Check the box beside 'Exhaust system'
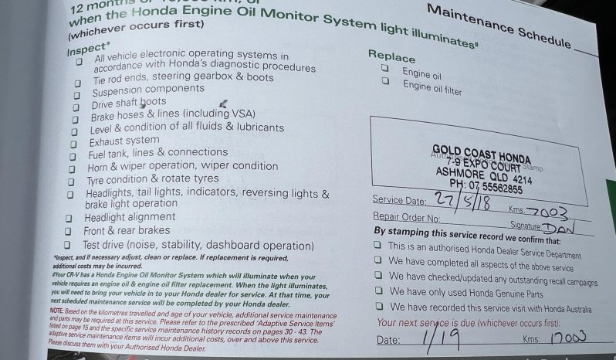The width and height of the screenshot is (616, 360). pyautogui.click(x=74, y=144)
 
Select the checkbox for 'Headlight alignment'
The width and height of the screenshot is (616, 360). pyautogui.click(x=68, y=218)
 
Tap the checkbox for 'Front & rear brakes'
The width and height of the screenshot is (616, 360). pyautogui.click(x=67, y=231)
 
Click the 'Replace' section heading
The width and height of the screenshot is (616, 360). pyautogui.click(x=391, y=56)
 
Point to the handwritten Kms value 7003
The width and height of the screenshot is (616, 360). pyautogui.click(x=550, y=212)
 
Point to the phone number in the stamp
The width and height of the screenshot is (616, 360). pyautogui.click(x=486, y=188)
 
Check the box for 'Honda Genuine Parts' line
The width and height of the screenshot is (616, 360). pyautogui.click(x=377, y=292)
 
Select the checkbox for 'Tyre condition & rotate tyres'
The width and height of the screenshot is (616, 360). pyautogui.click(x=71, y=181)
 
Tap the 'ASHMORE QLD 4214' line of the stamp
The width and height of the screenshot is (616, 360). pyautogui.click(x=484, y=175)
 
